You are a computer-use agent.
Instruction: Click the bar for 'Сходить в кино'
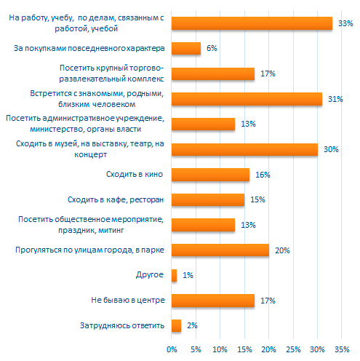210,175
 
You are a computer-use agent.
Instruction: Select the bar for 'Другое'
174,275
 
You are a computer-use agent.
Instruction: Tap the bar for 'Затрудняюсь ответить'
176,325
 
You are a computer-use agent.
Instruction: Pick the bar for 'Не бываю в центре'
213,301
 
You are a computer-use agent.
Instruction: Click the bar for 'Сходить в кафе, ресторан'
208,199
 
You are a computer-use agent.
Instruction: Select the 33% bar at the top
252,23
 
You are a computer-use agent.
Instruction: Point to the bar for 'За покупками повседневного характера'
186,48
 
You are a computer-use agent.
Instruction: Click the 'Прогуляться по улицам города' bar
220,250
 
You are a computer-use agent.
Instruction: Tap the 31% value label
335,99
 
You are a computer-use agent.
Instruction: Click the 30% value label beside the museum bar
331,149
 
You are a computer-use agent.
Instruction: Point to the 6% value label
212,48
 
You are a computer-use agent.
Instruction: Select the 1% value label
188,275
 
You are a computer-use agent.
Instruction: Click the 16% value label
263,175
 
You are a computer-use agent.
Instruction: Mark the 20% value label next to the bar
282,250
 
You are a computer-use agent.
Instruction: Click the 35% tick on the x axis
342,349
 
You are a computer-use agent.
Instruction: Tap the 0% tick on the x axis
172,349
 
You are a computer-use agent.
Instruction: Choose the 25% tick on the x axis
293,349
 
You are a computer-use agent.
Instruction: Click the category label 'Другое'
150,275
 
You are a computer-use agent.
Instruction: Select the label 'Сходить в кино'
135,174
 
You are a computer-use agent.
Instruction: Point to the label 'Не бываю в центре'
128,300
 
